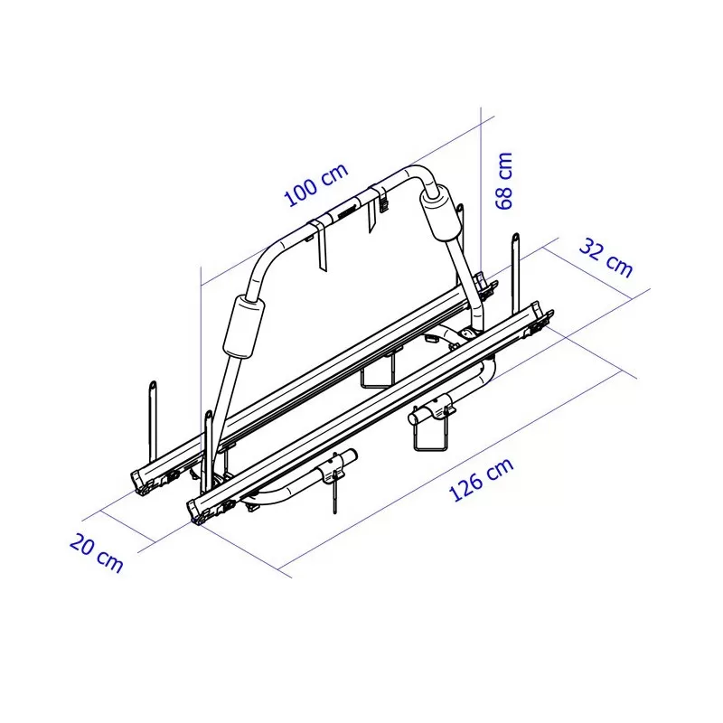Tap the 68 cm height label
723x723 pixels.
pyautogui.click(x=504, y=180)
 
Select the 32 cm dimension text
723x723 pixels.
pyautogui.click(x=606, y=258)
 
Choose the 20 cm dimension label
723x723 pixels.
pyautogui.click(x=96, y=553)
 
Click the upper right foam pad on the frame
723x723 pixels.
pyautogui.click(x=441, y=214)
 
